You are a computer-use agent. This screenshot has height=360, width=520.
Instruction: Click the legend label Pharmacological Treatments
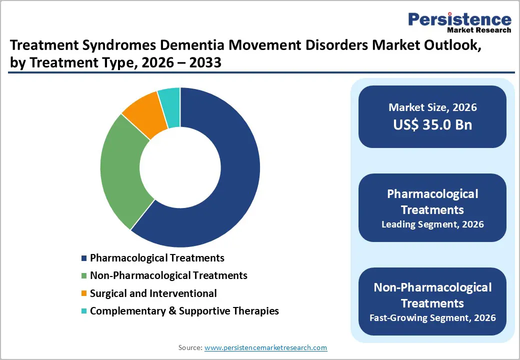click(157, 258)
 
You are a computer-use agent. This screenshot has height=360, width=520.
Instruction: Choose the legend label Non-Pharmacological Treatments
click(168, 275)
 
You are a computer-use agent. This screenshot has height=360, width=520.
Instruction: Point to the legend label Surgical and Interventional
click(153, 293)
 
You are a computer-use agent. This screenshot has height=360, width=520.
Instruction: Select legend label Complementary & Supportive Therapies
click(184, 310)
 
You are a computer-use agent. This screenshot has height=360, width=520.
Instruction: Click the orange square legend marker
click(84, 293)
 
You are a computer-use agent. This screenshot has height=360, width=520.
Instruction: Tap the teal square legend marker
click(84, 311)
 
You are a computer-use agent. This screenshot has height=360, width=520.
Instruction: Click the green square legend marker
click(84, 276)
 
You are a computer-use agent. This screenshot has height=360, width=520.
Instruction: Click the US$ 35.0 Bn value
click(432, 124)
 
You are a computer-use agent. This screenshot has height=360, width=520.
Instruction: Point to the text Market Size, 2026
click(432, 107)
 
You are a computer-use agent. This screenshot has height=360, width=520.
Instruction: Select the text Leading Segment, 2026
click(432, 224)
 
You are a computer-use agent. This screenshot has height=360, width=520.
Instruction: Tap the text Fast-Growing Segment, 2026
click(432, 317)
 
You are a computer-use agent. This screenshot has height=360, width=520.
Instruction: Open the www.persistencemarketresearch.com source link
click(265, 347)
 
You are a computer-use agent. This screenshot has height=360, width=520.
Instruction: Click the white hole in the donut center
click(180, 167)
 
